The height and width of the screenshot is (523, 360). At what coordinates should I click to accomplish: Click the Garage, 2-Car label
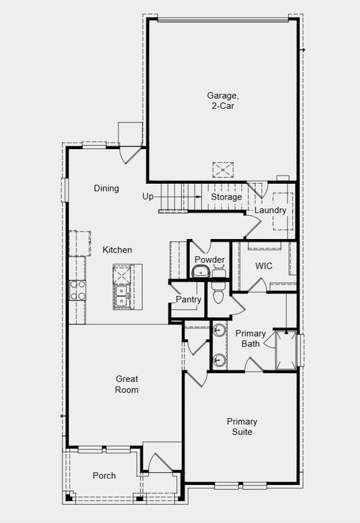pyautogui.click(x=223, y=101)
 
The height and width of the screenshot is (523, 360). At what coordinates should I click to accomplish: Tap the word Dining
pyautogui.click(x=106, y=189)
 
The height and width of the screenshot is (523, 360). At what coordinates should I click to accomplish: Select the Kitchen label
pyautogui.click(x=117, y=250)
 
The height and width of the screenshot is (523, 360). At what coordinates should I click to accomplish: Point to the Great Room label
pyautogui.click(x=127, y=384)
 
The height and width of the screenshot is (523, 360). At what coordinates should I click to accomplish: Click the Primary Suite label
pyautogui.click(x=242, y=426)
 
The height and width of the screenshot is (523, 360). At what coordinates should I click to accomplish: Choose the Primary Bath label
pyautogui.click(x=250, y=338)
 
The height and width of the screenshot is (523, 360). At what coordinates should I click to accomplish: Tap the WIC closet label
pyautogui.click(x=263, y=266)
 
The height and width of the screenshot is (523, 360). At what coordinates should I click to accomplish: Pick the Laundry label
pyautogui.click(x=270, y=210)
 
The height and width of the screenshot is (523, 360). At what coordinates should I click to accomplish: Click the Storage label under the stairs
pyautogui.click(x=226, y=197)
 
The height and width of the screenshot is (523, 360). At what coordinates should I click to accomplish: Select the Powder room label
pyautogui.click(x=210, y=259)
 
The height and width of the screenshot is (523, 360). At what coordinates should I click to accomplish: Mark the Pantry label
pyautogui.click(x=188, y=300)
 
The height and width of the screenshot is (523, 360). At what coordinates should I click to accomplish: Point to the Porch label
pyautogui.click(x=104, y=475)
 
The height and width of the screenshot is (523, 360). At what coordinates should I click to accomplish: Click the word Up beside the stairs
pyautogui.click(x=148, y=197)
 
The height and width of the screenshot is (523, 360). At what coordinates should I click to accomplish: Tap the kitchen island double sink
pyautogui.click(x=123, y=296)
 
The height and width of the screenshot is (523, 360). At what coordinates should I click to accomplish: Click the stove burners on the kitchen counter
pyautogui.click(x=78, y=289)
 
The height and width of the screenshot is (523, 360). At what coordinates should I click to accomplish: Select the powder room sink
pyautogui.click(x=199, y=272)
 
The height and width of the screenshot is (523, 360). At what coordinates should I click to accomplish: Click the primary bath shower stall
pyautogui.click(x=286, y=350)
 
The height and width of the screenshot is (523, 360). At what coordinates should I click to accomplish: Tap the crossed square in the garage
pyautogui.click(x=223, y=170)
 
